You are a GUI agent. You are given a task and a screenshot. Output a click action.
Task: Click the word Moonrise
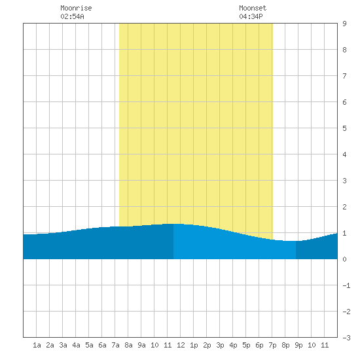tap(76, 8)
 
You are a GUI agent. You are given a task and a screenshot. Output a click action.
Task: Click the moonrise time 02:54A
tap(72, 16)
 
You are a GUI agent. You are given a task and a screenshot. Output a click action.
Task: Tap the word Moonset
tap(253, 8)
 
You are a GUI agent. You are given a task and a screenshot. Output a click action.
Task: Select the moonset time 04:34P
tap(251, 16)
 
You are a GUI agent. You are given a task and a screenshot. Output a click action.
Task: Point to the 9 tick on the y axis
tap(344, 24)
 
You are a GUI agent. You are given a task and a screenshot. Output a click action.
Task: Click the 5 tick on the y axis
tap(344, 128)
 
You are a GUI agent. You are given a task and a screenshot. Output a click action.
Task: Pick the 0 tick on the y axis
tap(344, 259)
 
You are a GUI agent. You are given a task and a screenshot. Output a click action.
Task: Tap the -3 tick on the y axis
tap(346, 338)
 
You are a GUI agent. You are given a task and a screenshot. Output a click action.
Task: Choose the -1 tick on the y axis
tap(346, 285)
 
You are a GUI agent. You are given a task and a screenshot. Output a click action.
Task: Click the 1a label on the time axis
tap(37, 345)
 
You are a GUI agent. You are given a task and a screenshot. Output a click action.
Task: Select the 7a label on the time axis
tap(115, 345)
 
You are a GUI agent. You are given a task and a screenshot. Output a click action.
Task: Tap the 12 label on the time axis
tap(181, 345)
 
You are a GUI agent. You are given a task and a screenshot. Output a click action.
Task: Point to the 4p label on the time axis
tap(233, 345)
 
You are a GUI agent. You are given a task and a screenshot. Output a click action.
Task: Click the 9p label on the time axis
tap(298, 345)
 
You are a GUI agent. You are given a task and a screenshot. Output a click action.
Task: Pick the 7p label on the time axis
tap(272, 345)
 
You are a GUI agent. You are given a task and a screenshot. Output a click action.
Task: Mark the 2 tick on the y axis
tap(344, 207)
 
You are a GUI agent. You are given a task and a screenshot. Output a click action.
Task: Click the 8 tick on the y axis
tap(344, 50)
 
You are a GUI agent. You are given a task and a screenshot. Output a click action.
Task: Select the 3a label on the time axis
tap(63, 345)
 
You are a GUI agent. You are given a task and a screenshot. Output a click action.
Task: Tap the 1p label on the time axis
tap(194, 345)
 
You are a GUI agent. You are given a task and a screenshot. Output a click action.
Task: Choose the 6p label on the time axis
tap(259, 345)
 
